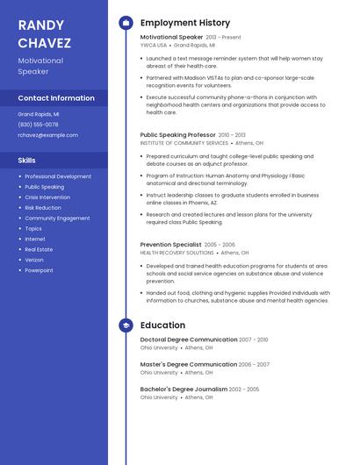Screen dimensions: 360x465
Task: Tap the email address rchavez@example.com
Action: [x=48, y=135]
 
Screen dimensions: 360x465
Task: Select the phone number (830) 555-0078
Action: [x=39, y=125]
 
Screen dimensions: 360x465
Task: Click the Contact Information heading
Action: [x=56, y=98]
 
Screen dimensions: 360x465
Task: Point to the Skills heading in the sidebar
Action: [x=27, y=161]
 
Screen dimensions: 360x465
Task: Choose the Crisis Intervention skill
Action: [x=47, y=197]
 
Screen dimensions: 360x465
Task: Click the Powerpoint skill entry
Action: [x=39, y=270]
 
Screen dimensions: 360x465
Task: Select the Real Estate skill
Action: [x=39, y=249]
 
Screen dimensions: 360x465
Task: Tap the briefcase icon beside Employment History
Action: [x=126, y=23]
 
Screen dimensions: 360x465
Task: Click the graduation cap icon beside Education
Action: [x=126, y=325]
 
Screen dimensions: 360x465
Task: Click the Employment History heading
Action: [x=185, y=23]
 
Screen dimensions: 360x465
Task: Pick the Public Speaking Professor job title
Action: [x=177, y=135]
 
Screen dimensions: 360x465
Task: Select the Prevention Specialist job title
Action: [x=170, y=245]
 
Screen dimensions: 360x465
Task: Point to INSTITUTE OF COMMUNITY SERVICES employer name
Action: [x=184, y=143]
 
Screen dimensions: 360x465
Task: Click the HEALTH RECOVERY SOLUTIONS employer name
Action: [x=176, y=253]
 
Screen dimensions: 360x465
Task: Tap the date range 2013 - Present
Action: [x=223, y=38]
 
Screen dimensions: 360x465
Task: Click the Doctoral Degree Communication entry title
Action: [x=188, y=340]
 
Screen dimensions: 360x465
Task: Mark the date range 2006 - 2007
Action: [x=254, y=364]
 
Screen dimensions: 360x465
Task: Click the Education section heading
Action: [x=162, y=325]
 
